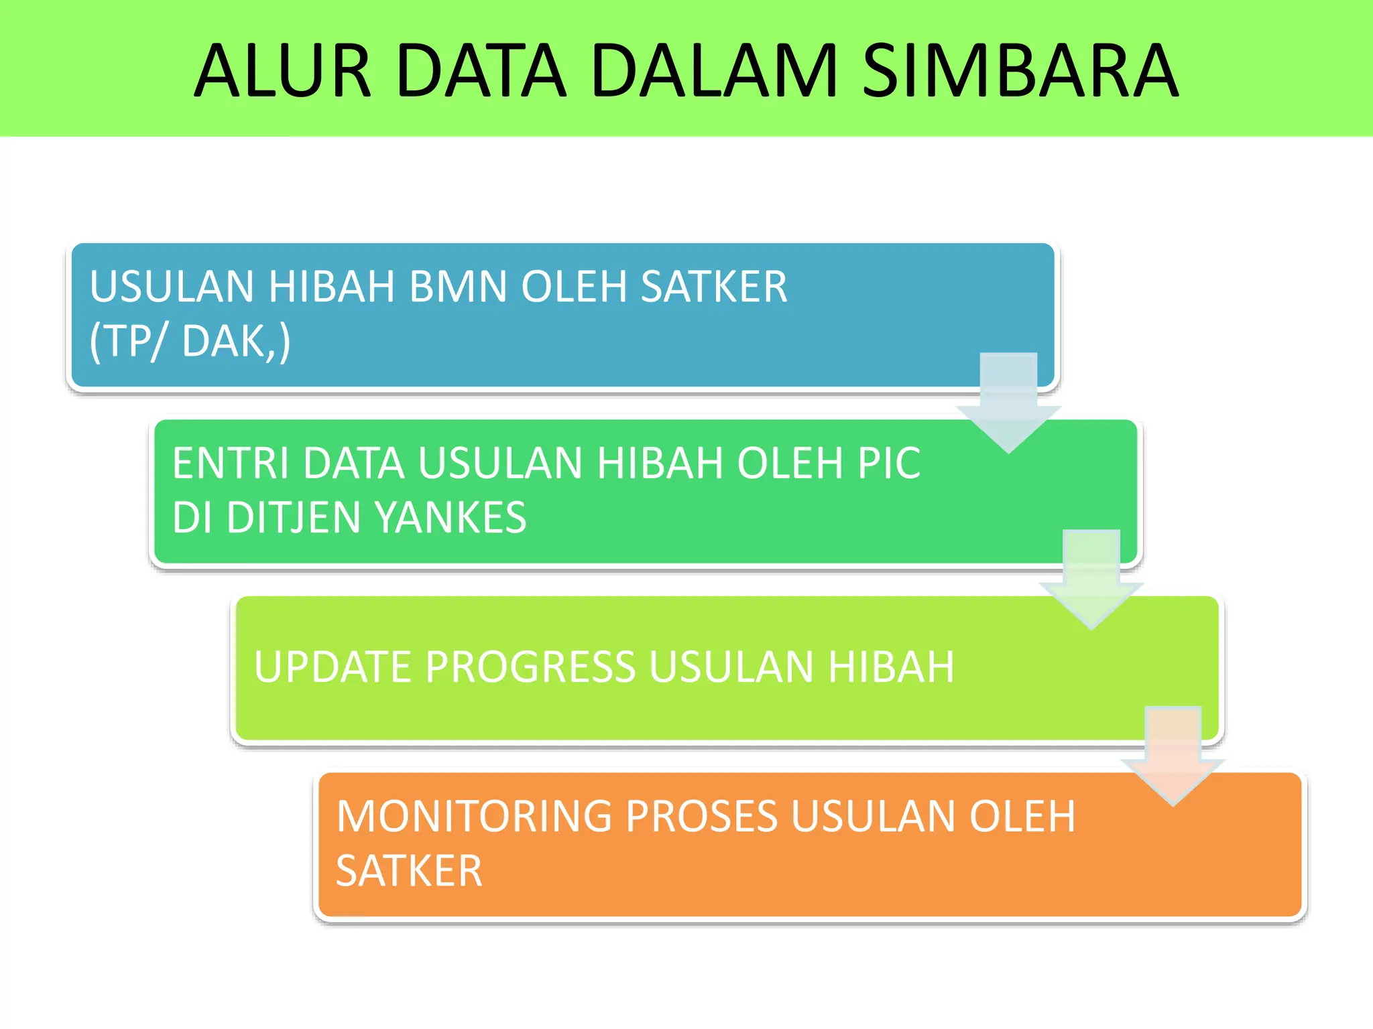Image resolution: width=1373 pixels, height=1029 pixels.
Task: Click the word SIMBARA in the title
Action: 1019,70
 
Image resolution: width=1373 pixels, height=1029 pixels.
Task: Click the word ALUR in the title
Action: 282,70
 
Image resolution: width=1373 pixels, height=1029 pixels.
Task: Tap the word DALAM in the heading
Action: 714,70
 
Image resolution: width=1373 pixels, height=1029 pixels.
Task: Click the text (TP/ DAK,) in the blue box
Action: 190,342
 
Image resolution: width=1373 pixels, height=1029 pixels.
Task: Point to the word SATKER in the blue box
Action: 713,287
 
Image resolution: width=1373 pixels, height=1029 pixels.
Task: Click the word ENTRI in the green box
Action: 231,463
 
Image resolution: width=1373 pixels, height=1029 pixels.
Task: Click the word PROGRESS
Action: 530,667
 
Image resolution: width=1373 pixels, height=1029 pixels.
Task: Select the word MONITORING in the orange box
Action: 473,817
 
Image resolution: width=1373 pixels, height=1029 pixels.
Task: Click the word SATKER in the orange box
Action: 409,871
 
